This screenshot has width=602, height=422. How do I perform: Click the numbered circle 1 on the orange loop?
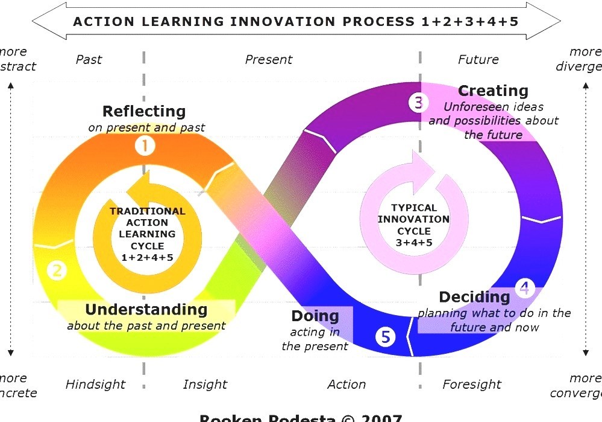click(145, 145)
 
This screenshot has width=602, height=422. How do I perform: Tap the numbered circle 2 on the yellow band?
click(57, 270)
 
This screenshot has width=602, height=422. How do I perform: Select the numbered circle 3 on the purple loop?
click(418, 102)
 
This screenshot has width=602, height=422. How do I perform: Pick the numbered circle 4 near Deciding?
click(524, 288)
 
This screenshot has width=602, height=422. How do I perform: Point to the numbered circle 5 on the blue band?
click(385, 337)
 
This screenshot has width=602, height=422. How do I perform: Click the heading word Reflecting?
click(144, 111)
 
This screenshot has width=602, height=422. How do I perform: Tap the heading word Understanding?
click(146, 310)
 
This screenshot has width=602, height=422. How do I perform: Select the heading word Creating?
click(493, 91)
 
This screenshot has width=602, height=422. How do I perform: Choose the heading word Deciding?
click(474, 296)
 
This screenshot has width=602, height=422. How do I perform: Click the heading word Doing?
click(315, 316)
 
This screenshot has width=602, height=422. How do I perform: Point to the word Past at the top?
click(89, 60)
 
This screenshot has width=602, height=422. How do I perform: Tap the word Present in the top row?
click(268, 60)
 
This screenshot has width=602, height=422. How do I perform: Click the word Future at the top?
click(478, 60)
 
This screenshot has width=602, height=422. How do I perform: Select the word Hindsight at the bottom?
click(95, 385)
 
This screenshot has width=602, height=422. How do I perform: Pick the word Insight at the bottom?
click(205, 385)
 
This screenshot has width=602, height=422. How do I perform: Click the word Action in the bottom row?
click(346, 385)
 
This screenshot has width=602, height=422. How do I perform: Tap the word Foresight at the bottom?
click(472, 385)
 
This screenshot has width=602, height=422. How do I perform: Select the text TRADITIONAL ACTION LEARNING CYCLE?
click(148, 228)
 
